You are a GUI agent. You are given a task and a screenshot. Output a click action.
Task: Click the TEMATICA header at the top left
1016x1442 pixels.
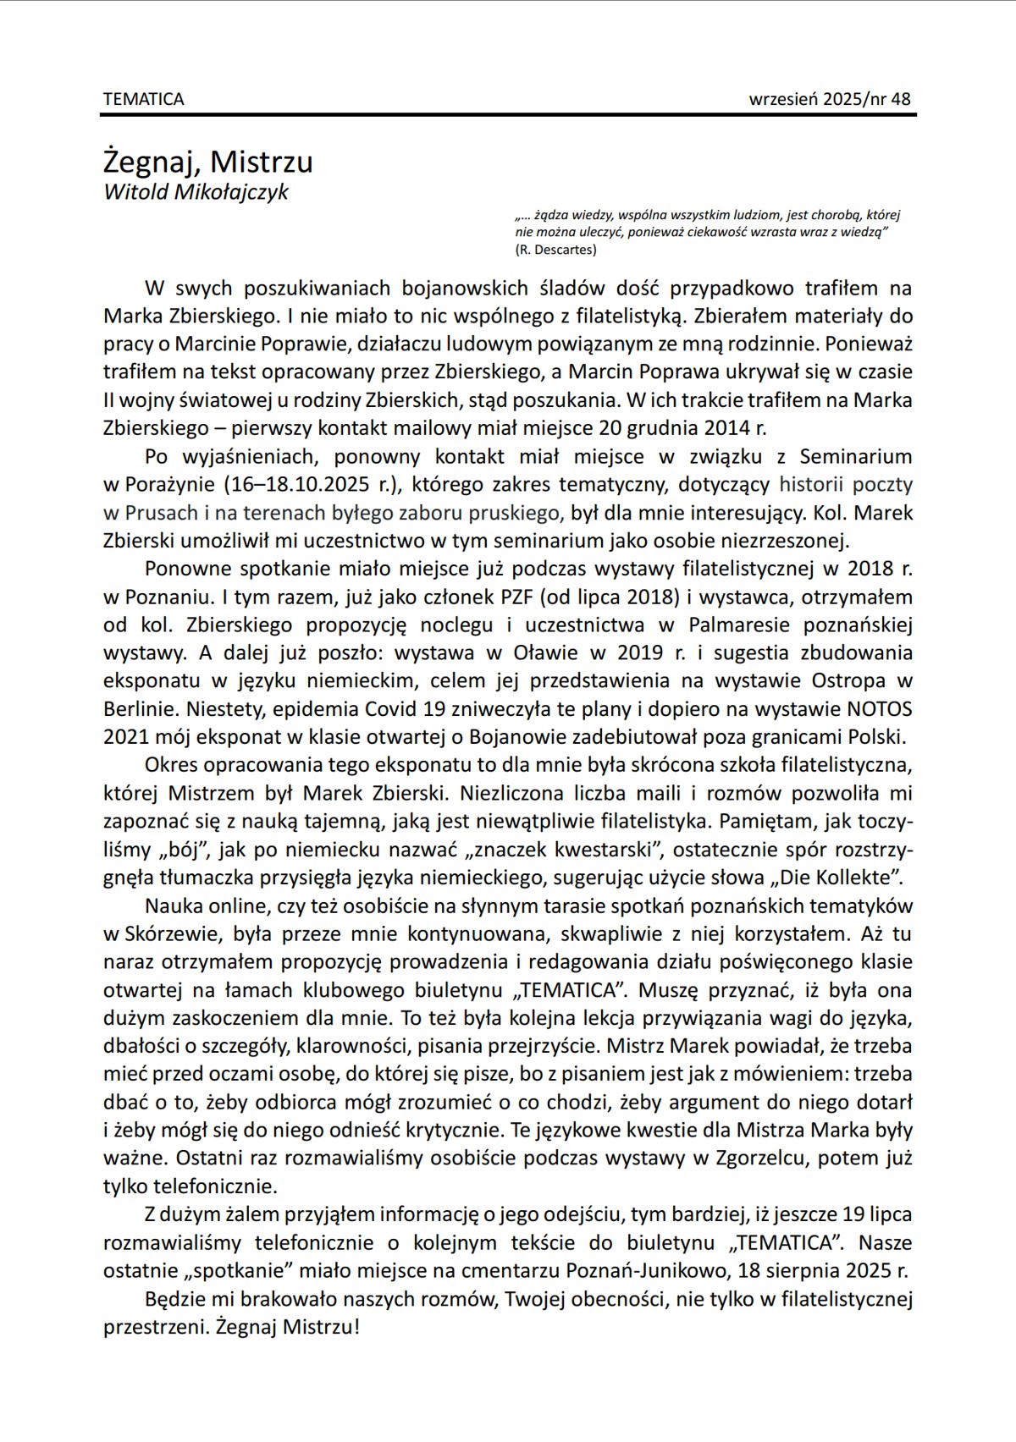(x=143, y=99)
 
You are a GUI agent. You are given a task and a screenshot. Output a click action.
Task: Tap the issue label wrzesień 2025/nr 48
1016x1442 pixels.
(x=830, y=99)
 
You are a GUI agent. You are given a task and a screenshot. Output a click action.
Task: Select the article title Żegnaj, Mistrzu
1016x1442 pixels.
(x=208, y=161)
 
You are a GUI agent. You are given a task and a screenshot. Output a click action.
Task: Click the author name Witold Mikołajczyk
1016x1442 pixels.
(x=196, y=192)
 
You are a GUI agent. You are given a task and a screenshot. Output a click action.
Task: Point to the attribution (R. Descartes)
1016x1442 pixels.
(x=555, y=250)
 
